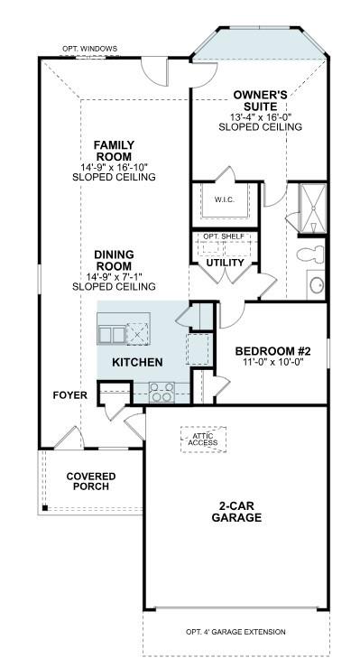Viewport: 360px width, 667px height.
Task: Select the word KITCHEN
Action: [x=137, y=362]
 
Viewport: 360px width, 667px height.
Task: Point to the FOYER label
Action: [x=69, y=394]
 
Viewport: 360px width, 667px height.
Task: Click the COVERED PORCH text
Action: [x=90, y=481]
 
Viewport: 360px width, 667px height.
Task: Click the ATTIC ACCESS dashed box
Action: [x=203, y=439]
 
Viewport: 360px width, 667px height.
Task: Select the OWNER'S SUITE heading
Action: [x=260, y=100]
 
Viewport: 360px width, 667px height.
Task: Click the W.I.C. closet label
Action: [x=225, y=199]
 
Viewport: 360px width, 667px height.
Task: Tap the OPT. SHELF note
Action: [x=224, y=236]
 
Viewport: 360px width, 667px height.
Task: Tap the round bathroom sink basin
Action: [x=317, y=285]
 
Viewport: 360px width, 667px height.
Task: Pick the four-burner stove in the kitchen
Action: [x=162, y=392]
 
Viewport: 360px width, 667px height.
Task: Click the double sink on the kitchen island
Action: [x=113, y=334]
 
